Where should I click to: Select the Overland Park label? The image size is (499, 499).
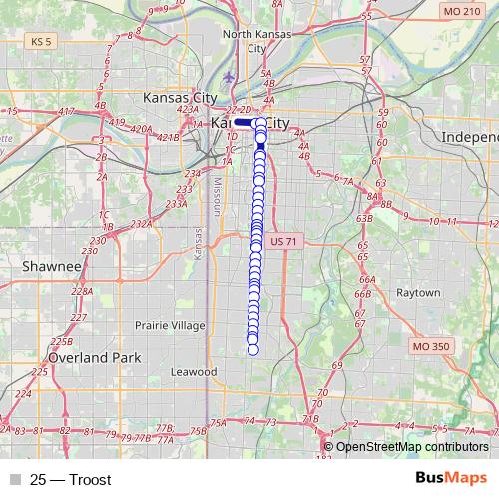click(97, 357)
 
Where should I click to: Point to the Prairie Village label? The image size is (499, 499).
click(170, 326)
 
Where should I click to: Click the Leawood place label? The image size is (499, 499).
click(193, 372)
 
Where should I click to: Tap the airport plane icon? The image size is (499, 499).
click(231, 76)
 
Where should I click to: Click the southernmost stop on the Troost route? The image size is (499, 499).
click(252, 349)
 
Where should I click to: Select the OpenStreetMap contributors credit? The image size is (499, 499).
click(412, 446)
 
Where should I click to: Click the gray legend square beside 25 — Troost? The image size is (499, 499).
click(14, 479)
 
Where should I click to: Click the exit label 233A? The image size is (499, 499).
click(176, 204)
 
